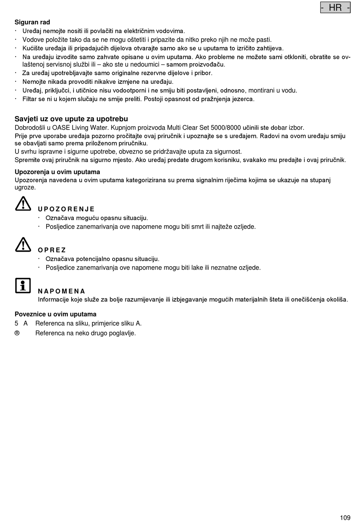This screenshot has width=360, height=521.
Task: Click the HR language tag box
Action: point(335,8)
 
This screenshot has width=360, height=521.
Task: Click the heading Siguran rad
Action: point(32,22)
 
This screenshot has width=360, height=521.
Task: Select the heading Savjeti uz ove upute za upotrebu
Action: point(71,119)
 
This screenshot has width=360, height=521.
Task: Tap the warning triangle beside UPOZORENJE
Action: point(23,204)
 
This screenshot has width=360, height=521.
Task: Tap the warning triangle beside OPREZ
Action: point(23,245)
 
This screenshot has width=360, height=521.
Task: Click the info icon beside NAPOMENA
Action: point(23,286)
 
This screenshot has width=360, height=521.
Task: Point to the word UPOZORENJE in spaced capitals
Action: point(66,209)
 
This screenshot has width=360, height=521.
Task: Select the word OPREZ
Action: point(52,250)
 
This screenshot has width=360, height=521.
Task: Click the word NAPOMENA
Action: point(61,291)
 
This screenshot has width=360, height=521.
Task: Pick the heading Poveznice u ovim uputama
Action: point(55,314)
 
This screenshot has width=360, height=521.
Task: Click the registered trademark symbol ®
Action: point(17,333)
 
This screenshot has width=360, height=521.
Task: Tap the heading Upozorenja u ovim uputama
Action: point(57,172)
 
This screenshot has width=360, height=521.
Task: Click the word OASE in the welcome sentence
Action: point(61,128)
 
